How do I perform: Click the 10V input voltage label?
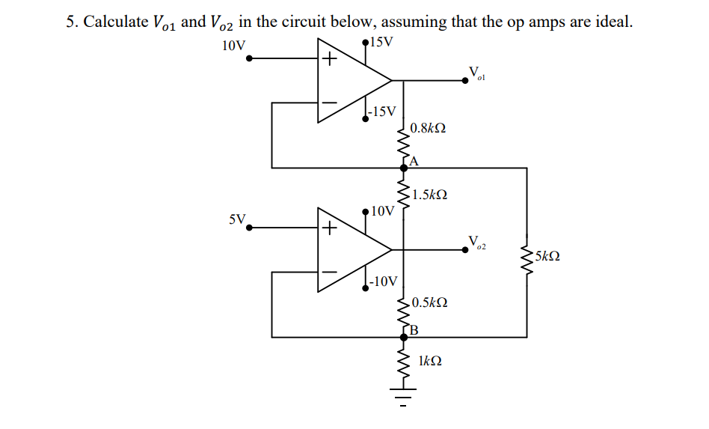pos(234,46)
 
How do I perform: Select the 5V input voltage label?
pos(237,219)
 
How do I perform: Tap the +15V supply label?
pos(381,41)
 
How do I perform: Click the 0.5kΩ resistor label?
pos(430,302)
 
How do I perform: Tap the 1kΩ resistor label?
pos(429,361)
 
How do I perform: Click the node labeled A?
pos(414,160)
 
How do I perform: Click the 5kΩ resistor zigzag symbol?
pos(527,257)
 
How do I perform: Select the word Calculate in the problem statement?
pos(115,22)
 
